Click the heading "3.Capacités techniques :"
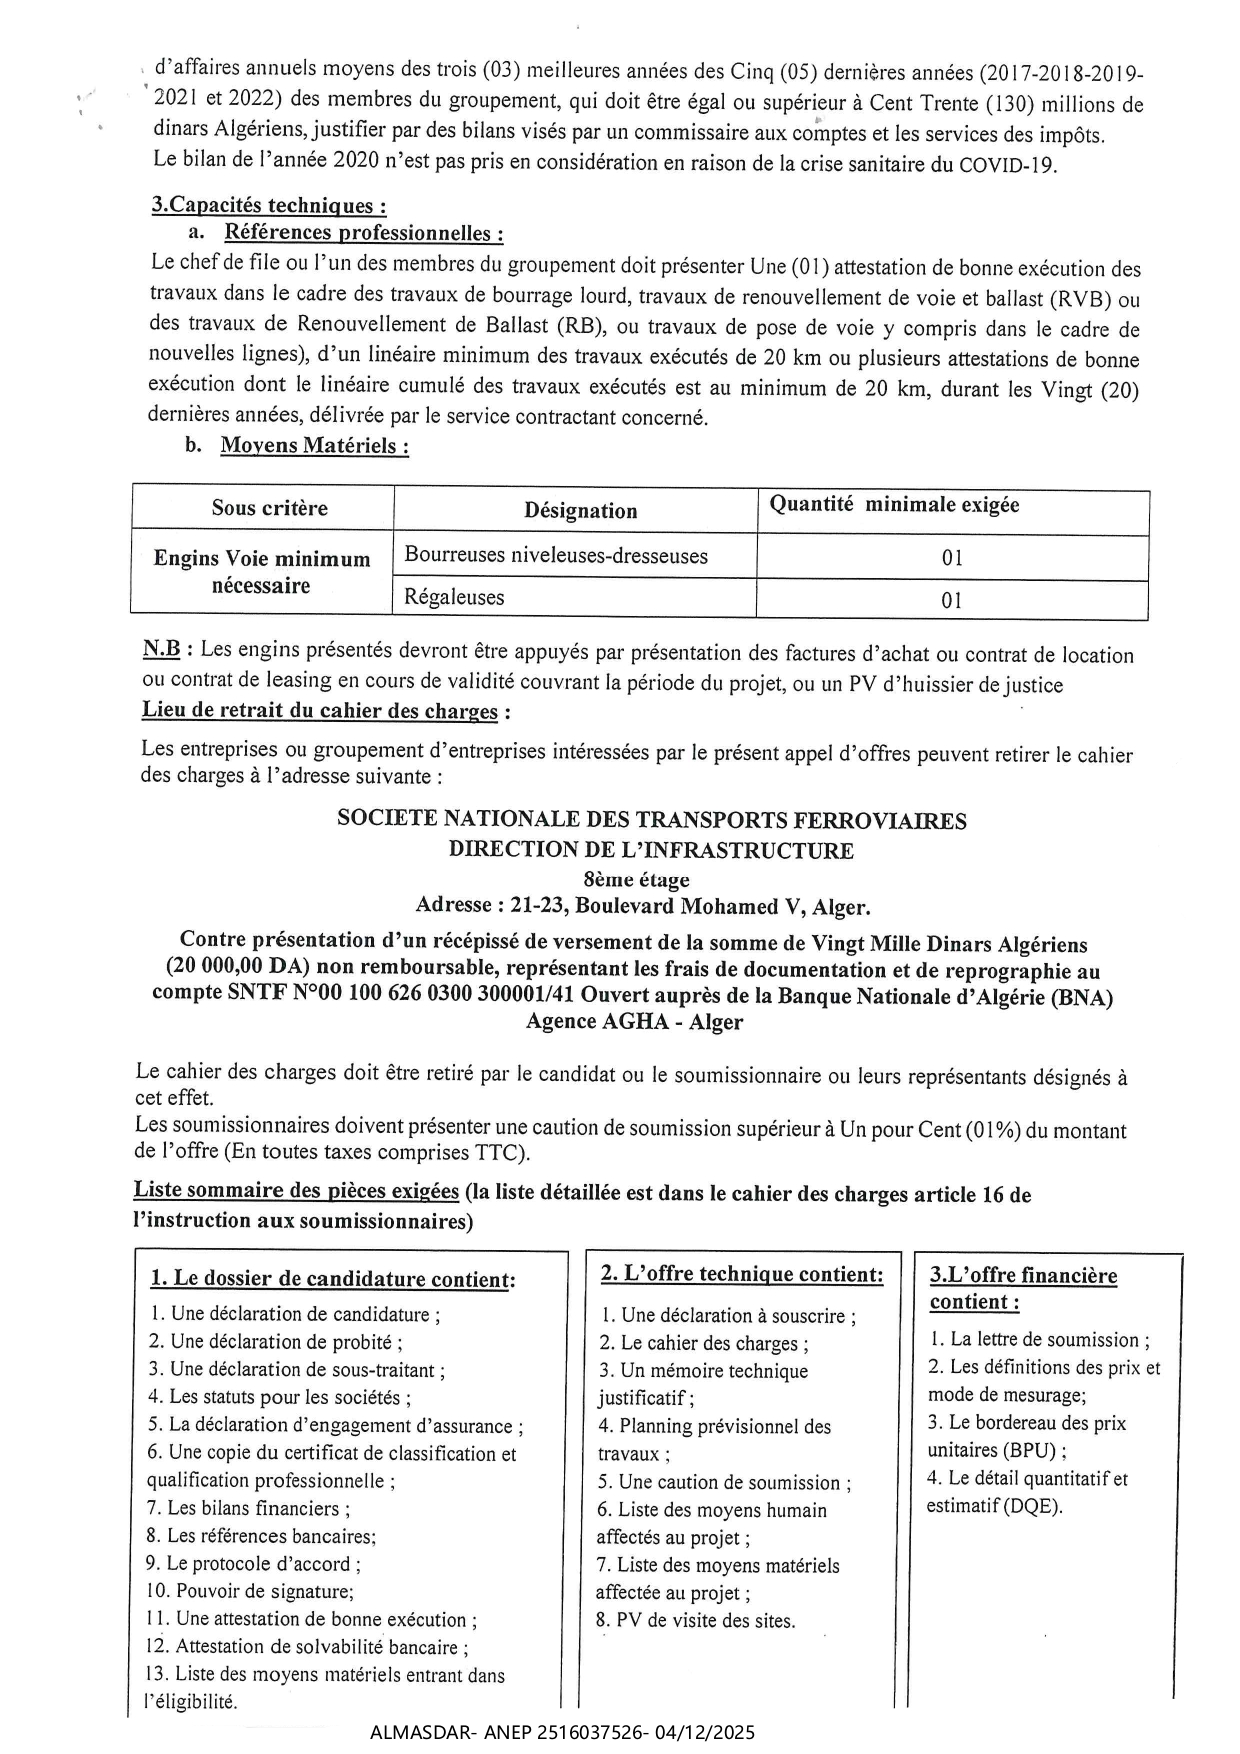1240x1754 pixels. (x=268, y=205)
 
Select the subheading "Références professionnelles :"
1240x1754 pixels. (x=363, y=233)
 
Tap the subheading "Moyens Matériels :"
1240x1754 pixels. (x=314, y=446)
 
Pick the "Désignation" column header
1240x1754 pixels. (x=580, y=511)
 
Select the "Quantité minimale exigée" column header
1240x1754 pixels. (x=894, y=505)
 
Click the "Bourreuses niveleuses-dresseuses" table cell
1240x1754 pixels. (x=556, y=556)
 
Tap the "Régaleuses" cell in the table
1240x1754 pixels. (x=454, y=598)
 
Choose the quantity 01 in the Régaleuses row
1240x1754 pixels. (x=952, y=600)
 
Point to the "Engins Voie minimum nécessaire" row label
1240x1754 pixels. (x=261, y=572)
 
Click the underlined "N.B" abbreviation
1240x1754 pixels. (x=161, y=649)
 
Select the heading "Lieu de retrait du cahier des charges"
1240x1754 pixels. (x=319, y=711)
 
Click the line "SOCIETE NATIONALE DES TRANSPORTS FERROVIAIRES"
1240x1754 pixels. (x=651, y=821)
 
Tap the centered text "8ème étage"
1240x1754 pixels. (x=637, y=880)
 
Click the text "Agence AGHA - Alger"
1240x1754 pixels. (x=634, y=1022)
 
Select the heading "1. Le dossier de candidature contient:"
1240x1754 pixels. (x=332, y=1279)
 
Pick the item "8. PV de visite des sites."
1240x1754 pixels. (x=695, y=1621)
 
